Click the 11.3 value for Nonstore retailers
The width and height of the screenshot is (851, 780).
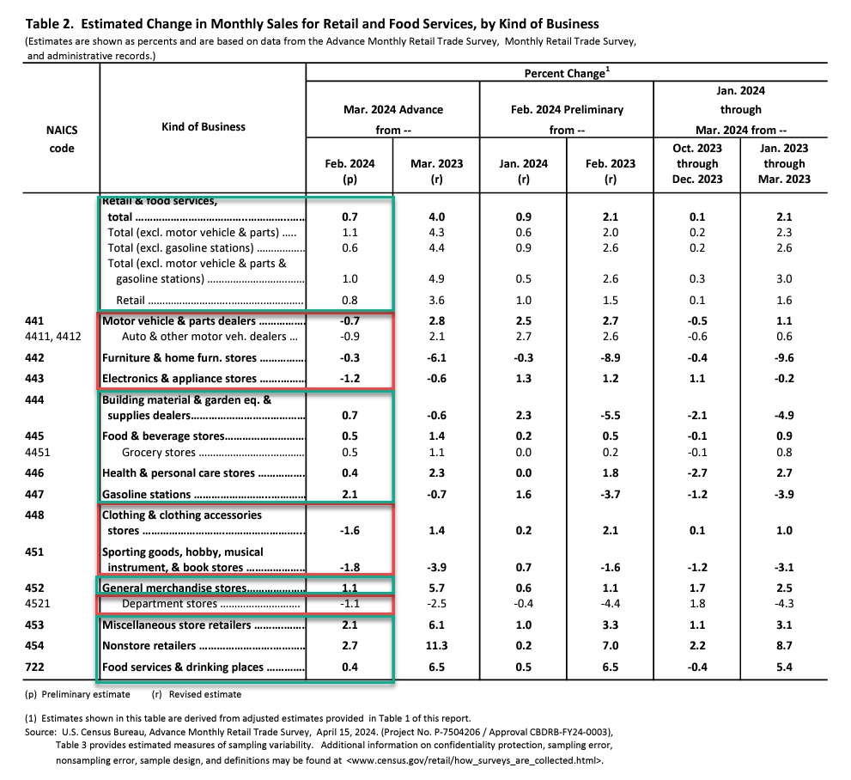(435, 646)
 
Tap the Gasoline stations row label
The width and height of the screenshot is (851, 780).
(147, 495)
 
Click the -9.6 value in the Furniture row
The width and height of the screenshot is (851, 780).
(784, 357)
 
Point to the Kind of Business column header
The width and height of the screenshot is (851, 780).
(203, 126)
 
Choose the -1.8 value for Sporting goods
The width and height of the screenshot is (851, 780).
(349, 567)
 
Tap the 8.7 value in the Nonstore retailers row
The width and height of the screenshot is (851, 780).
(784, 646)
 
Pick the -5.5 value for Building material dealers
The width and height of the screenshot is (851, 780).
(611, 415)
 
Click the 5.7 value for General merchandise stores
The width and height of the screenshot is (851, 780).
(435, 588)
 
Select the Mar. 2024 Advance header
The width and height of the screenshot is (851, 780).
(392, 110)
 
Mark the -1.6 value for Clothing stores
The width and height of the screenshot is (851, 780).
(349, 531)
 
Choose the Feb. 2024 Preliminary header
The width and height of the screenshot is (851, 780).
(567, 110)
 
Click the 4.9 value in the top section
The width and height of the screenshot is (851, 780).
(435, 279)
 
